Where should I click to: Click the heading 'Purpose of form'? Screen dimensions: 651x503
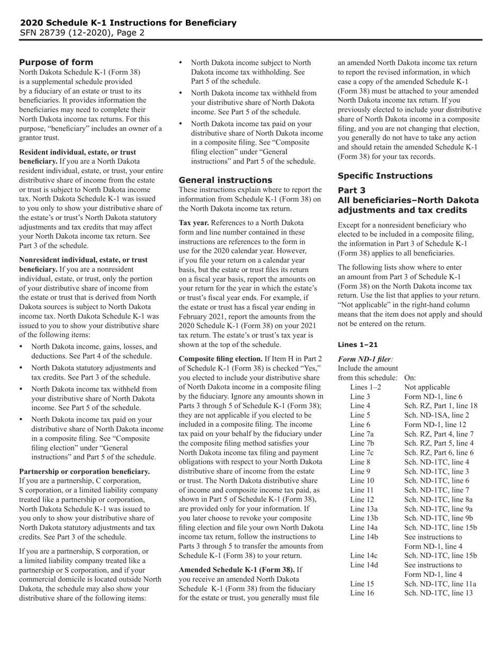(x=56, y=62)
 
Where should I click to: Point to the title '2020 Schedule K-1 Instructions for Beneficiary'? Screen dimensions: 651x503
(x=128, y=23)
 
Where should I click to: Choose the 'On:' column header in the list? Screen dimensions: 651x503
(x=410, y=378)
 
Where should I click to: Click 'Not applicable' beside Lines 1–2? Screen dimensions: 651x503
(x=427, y=387)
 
